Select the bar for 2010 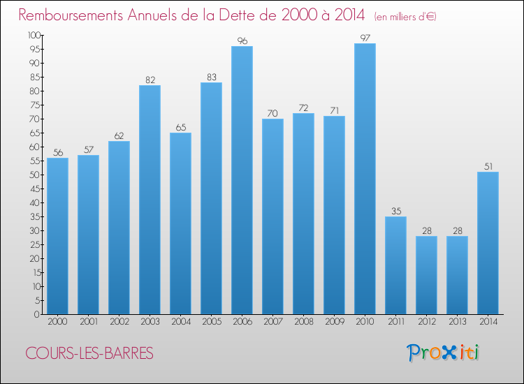[365, 179]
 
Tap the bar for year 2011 [395, 265]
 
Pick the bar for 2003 [150, 200]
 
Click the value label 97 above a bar [365, 38]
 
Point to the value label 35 [395, 211]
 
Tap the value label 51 [488, 166]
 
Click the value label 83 [211, 77]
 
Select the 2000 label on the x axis [57, 323]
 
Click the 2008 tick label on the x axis [303, 323]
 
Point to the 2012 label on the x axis [426, 323]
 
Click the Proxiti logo [444, 353]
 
